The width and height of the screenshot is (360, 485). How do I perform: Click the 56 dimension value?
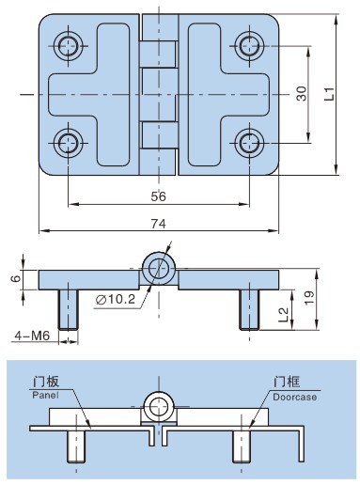[158, 196]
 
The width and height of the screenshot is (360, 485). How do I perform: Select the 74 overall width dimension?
[158, 224]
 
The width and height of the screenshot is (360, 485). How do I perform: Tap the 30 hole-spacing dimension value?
[301, 93]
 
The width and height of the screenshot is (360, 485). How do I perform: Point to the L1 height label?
[329, 94]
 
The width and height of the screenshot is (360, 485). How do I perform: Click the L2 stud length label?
[283, 315]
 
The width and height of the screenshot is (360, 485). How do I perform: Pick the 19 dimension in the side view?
[309, 298]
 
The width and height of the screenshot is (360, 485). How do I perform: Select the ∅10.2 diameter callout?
[116, 300]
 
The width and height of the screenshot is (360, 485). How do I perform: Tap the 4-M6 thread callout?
[32, 336]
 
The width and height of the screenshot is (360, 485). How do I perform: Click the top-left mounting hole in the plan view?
[68, 46]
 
